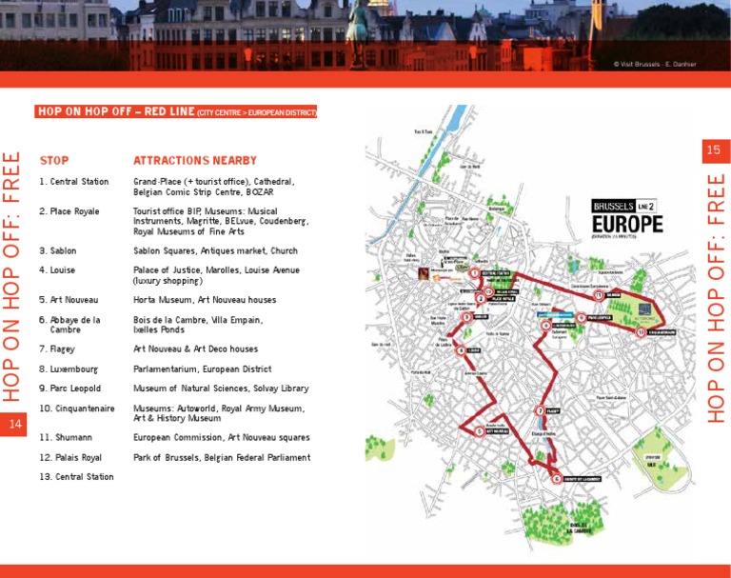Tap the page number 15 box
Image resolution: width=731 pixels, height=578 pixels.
pyautogui.click(x=713, y=149)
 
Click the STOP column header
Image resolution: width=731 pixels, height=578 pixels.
pyautogui.click(x=54, y=161)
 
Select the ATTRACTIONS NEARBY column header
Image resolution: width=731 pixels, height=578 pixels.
pyautogui.click(x=195, y=161)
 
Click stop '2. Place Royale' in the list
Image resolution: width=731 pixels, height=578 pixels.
pyautogui.click(x=69, y=210)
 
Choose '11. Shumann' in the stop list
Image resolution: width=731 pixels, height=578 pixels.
pyautogui.click(x=66, y=437)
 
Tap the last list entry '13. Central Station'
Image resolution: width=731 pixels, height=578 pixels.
pyautogui.click(x=76, y=476)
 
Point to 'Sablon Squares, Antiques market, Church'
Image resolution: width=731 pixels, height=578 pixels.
pyautogui.click(x=216, y=250)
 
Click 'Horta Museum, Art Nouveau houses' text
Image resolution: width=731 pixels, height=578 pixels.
pyautogui.click(x=204, y=299)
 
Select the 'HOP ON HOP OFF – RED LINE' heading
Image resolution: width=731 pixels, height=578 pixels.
pyautogui.click(x=176, y=111)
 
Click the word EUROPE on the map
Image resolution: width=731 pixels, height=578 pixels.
pyautogui.click(x=626, y=225)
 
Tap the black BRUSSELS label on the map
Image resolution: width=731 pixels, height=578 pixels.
pyautogui.click(x=613, y=206)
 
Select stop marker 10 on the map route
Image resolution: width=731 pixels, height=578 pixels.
pyautogui.click(x=642, y=332)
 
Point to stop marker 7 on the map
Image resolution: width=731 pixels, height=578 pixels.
pyautogui.click(x=541, y=411)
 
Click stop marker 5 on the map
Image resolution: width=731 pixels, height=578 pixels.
pyautogui.click(x=479, y=430)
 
